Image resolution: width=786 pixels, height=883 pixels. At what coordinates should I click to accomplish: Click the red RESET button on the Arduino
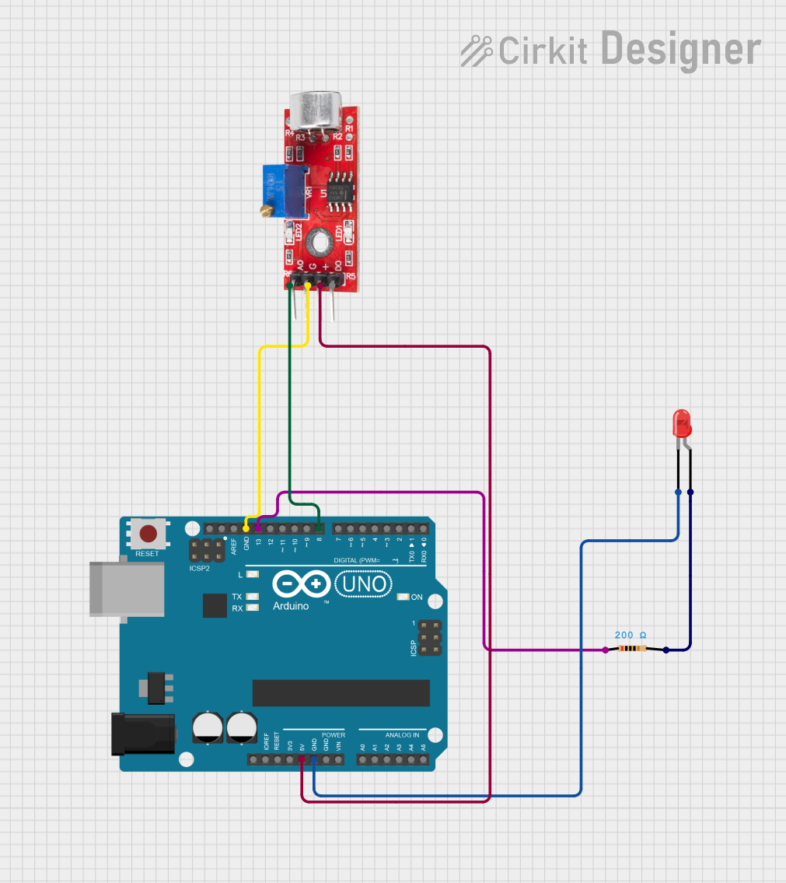(148, 534)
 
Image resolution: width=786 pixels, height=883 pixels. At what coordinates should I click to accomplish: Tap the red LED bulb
(682, 422)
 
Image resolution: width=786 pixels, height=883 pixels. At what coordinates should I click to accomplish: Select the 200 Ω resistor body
(635, 649)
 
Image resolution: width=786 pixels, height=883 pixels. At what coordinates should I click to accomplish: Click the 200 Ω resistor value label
(631, 635)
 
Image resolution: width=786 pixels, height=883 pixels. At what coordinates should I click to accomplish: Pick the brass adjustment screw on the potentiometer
(266, 210)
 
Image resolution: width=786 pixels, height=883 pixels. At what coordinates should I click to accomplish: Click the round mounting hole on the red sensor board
(317, 242)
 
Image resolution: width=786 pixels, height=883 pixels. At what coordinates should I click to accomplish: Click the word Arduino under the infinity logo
(291, 605)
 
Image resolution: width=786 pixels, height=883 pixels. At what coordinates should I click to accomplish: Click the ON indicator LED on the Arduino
(403, 597)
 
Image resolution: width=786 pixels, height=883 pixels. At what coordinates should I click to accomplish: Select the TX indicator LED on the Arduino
(252, 597)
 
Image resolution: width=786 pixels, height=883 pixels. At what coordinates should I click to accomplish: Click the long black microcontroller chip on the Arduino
(341, 692)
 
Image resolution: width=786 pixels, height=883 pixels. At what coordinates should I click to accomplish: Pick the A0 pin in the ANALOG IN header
(362, 759)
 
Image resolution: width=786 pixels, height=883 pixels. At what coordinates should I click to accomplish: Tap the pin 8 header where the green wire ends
(320, 528)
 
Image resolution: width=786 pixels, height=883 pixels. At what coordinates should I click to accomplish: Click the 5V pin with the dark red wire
(302, 759)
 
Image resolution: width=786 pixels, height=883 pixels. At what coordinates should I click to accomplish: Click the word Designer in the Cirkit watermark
(681, 49)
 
